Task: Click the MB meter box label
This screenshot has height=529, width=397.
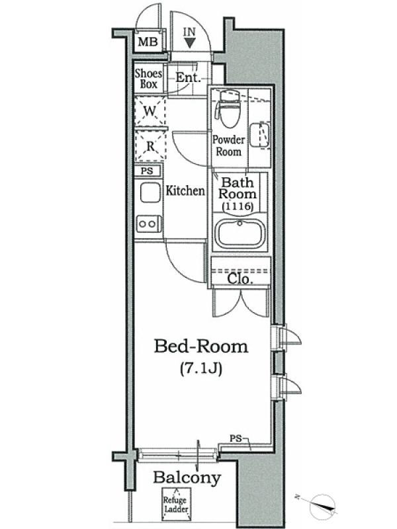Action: [148, 42]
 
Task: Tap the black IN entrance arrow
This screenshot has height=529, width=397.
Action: [190, 43]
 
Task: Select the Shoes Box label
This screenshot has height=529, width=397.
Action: [148, 78]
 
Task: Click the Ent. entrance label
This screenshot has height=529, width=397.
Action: [188, 77]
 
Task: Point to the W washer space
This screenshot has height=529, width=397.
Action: [150, 111]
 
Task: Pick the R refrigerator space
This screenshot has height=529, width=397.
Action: [150, 145]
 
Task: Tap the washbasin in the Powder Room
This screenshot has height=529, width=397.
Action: [259, 136]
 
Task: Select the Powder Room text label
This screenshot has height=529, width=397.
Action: [228, 145]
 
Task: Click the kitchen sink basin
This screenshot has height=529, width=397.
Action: [150, 192]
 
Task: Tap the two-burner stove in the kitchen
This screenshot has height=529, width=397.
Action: [148, 224]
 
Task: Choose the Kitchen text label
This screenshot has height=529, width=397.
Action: [185, 191]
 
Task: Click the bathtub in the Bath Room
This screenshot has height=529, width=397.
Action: [240, 233]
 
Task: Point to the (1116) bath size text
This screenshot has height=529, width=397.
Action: [238, 206]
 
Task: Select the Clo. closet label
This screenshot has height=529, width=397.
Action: [240, 279]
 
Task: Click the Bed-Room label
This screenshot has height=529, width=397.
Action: [201, 346]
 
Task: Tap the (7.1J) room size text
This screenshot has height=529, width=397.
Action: [201, 368]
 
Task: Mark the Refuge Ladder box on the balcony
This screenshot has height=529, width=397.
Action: [176, 504]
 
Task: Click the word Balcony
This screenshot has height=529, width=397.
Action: [187, 478]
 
